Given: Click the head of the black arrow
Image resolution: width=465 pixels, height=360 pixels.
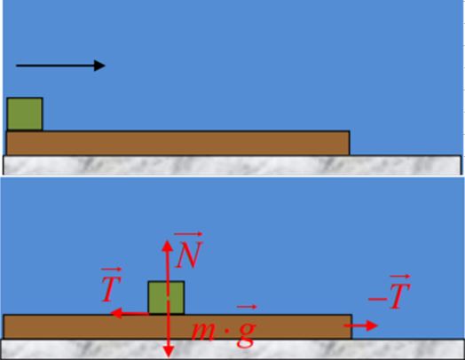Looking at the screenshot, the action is click(105, 66).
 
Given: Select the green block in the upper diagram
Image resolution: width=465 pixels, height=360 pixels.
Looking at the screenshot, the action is click(25, 114).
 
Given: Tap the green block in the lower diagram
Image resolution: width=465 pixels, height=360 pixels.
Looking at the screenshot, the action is click(166, 297).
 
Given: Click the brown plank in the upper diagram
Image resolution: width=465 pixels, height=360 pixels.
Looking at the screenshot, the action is click(178, 143).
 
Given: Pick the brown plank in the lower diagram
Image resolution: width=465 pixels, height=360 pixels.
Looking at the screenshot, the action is click(177, 327).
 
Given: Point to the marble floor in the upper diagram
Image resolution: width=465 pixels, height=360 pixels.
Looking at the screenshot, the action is click(232, 165).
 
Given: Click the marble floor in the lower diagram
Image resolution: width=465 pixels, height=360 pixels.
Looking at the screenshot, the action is click(232, 348).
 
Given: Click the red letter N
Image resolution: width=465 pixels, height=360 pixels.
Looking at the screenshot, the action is click(189, 254).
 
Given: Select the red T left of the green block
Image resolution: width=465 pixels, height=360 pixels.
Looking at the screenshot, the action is click(112, 289).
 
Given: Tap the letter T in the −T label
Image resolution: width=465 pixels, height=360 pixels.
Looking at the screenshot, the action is click(400, 296).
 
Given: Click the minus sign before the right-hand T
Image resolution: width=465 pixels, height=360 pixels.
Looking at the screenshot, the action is click(377, 299).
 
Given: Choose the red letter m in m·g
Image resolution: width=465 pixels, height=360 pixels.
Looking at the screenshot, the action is click(206, 331).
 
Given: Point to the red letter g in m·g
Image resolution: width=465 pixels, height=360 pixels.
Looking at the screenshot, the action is click(246, 334).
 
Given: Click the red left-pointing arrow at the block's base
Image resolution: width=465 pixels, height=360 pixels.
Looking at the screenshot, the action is click(130, 313).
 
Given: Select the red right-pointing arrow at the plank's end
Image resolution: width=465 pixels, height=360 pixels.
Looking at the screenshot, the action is click(360, 325).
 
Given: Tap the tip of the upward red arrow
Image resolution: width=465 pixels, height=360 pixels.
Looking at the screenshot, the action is click(167, 240).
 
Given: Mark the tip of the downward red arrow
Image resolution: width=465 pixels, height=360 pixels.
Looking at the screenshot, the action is click(169, 357).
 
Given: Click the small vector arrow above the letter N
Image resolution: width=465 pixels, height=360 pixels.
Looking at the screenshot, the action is click(188, 234).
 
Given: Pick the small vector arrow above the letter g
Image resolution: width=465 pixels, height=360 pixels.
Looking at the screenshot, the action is click(247, 307).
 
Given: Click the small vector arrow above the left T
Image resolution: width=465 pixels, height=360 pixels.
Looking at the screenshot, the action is click(112, 270).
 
